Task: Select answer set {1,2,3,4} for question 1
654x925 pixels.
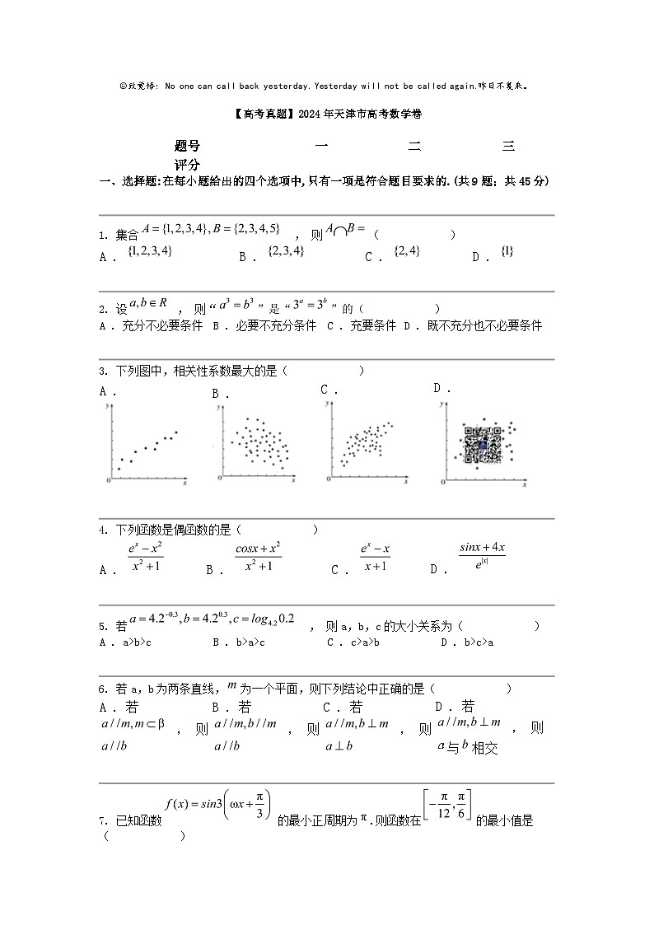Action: point(150,251)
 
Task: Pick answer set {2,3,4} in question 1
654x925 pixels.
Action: point(286,251)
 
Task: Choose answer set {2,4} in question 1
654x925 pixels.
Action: point(407,251)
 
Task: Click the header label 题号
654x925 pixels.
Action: point(187,146)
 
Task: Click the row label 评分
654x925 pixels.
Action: point(187,165)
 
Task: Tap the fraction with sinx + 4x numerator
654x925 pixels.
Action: point(482,554)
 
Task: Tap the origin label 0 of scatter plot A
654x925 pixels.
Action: point(109,480)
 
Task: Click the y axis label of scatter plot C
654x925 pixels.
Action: point(327,404)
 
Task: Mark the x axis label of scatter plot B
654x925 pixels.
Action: point(292,479)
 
